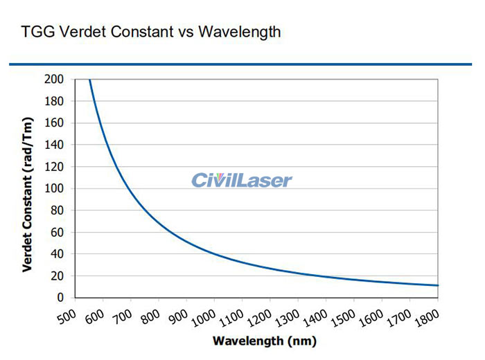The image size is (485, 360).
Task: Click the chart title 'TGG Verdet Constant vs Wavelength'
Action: click(151, 32)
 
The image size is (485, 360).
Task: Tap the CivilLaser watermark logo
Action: click(242, 181)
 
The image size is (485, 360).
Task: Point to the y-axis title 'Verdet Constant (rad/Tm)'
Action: click(27, 189)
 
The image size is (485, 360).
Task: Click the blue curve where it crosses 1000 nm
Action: click(215, 253)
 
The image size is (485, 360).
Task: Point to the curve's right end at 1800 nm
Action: click(438, 285)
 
